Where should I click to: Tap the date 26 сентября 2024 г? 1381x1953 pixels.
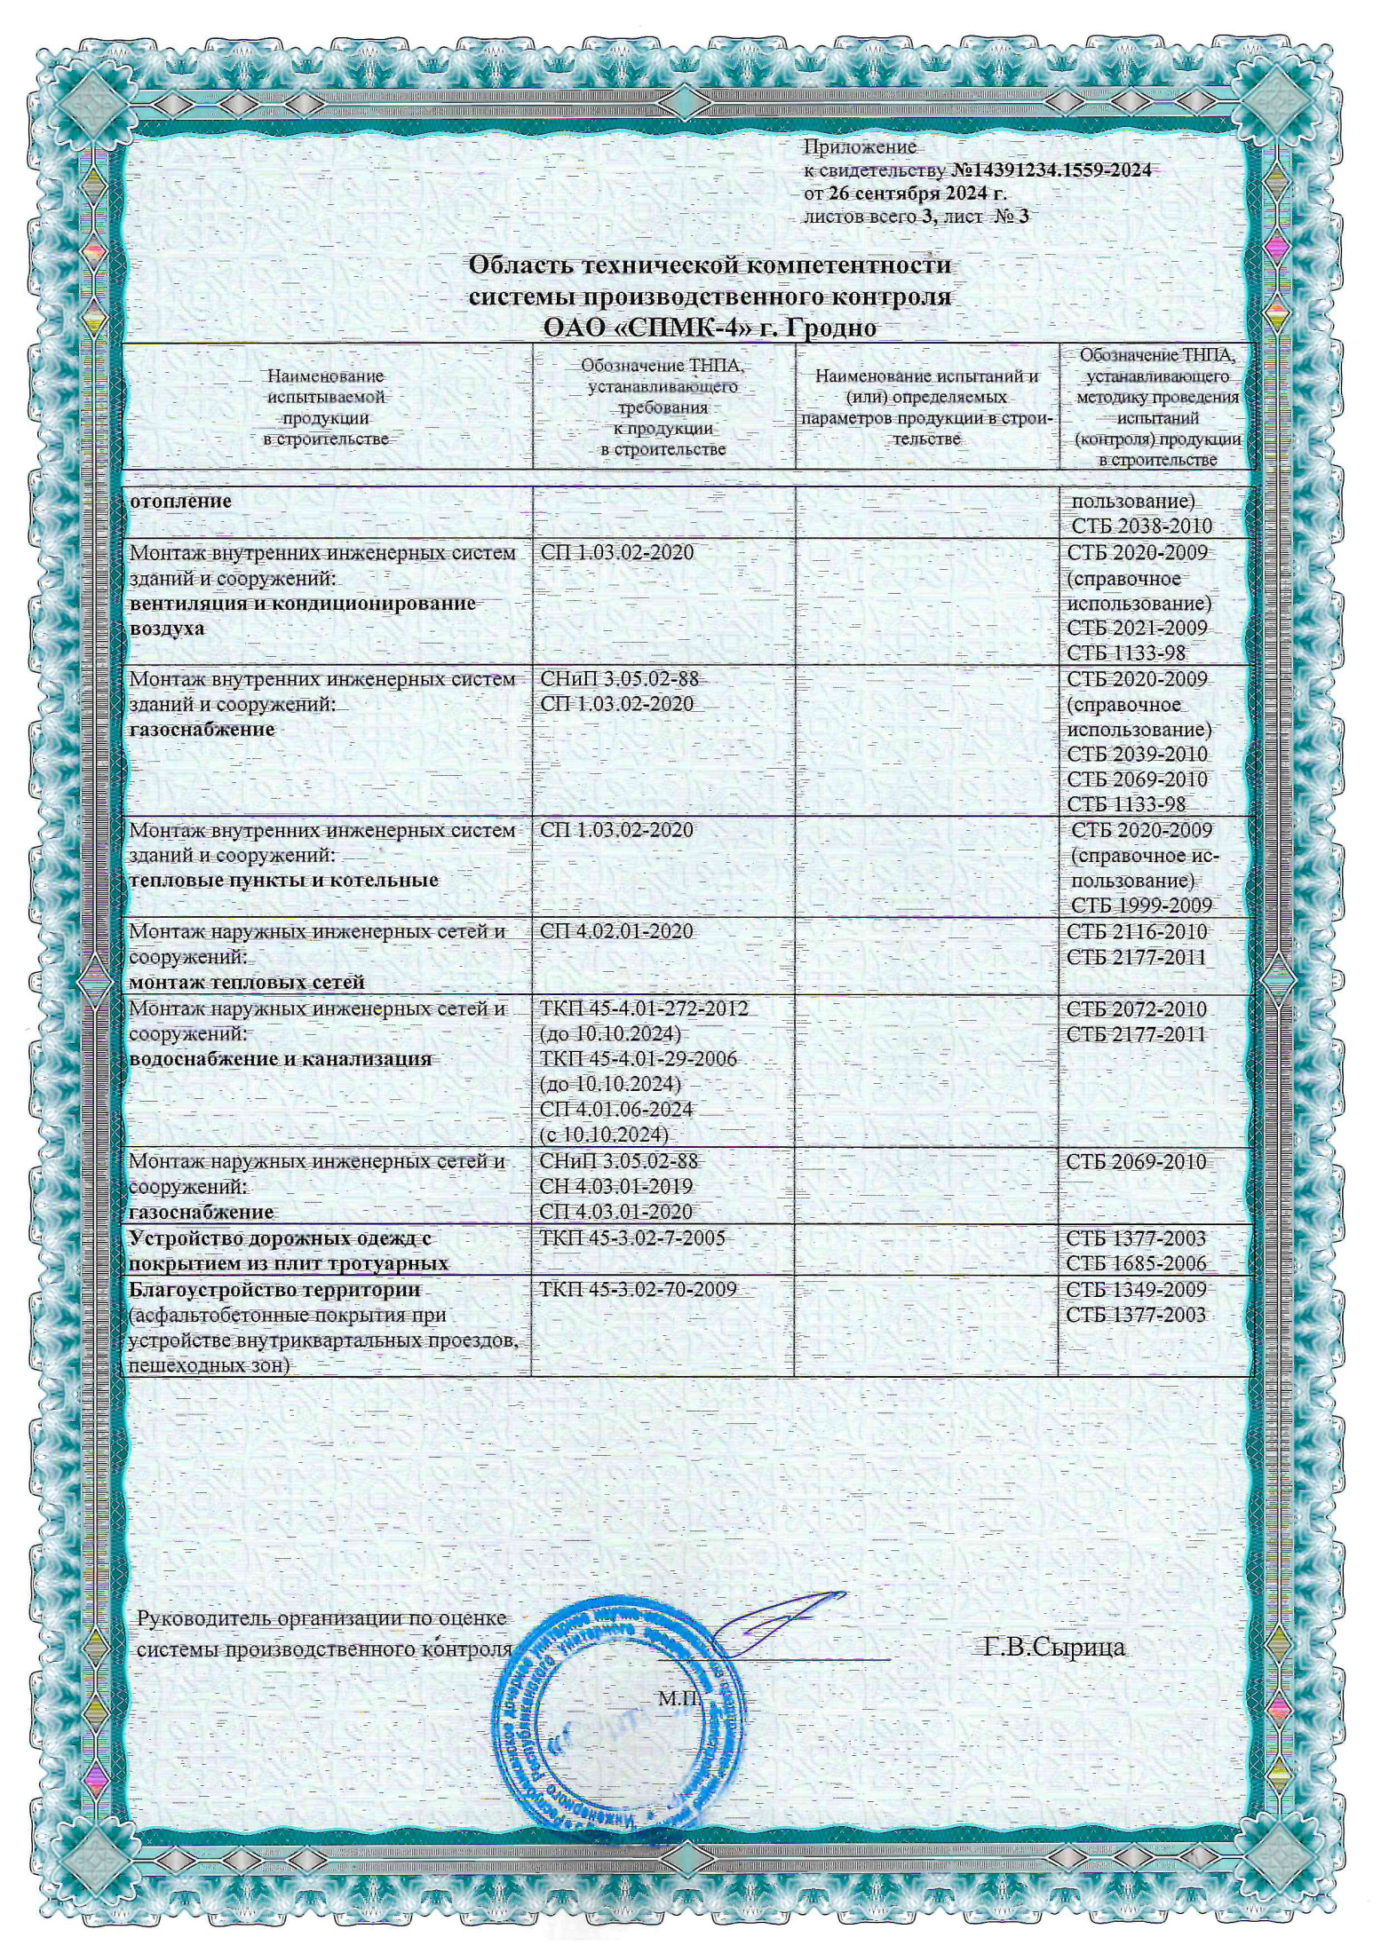pyautogui.click(x=917, y=194)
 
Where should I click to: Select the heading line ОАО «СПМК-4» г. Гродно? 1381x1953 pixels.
pyautogui.click(x=710, y=328)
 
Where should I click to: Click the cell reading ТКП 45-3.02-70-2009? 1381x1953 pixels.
pyautogui.click(x=638, y=1289)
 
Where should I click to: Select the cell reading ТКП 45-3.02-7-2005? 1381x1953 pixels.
pyautogui.click(x=632, y=1237)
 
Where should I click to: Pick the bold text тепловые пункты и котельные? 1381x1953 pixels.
pyautogui.click(x=284, y=881)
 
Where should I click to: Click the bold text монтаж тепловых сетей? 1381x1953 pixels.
pyautogui.click(x=247, y=983)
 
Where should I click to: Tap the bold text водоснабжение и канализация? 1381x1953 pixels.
pyautogui.click(x=281, y=1059)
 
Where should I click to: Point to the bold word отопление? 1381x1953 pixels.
pyautogui.click(x=180, y=501)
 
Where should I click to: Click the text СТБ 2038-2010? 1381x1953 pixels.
pyautogui.click(x=1141, y=526)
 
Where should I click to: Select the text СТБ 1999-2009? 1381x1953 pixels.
pyautogui.click(x=1141, y=905)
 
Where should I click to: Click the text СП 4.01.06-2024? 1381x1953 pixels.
pyautogui.click(x=616, y=1110)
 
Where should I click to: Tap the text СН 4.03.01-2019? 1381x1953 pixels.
pyautogui.click(x=616, y=1186)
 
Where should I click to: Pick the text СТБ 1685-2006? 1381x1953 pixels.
pyautogui.click(x=1136, y=1263)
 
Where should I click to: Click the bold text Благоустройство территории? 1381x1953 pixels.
pyautogui.click(x=274, y=1289)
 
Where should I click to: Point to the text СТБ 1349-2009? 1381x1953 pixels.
pyautogui.click(x=1136, y=1289)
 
